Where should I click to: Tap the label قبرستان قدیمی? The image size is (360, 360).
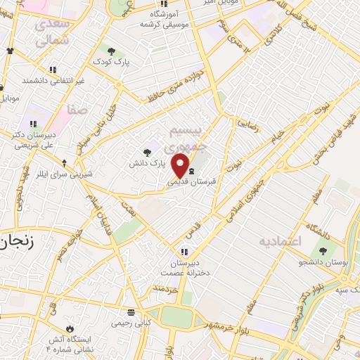click(191, 180)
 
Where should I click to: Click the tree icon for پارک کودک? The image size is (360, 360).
click(111, 51)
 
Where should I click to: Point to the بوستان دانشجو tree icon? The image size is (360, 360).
click(323, 251)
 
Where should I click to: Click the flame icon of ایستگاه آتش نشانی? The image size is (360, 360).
click(69, 329)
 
